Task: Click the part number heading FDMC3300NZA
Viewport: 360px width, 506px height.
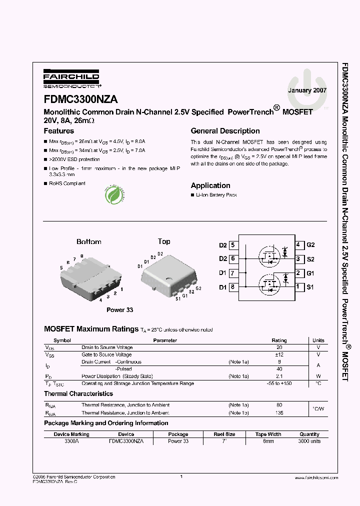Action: (x=81, y=99)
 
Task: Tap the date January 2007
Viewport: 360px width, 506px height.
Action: (x=307, y=91)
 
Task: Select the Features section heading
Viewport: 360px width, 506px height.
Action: (x=59, y=131)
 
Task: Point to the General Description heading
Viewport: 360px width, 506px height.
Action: (x=225, y=131)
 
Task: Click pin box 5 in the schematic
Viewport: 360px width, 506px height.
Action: (x=232, y=245)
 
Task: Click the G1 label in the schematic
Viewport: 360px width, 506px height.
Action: (x=310, y=273)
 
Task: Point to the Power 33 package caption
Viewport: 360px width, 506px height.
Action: (x=119, y=310)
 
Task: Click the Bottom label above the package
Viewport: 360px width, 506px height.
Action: (x=89, y=241)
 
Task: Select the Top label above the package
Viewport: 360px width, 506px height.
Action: (x=164, y=241)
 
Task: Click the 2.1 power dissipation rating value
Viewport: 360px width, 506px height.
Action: (x=279, y=376)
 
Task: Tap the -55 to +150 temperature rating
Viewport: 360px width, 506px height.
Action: (x=279, y=383)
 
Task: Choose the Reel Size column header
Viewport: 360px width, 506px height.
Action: (x=224, y=434)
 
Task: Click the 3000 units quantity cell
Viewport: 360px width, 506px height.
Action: (x=309, y=441)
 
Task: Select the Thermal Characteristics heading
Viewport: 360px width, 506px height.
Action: (x=78, y=394)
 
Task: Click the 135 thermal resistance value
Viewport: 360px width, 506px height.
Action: (x=279, y=413)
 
